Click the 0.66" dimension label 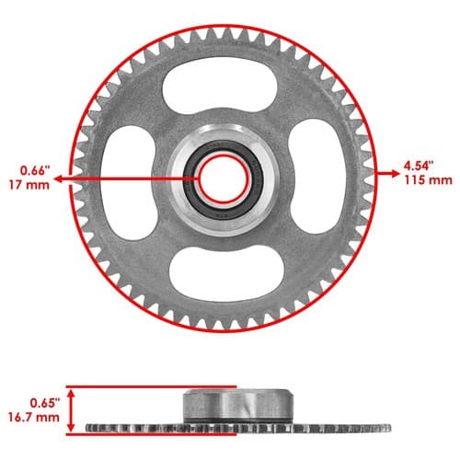point(35,170)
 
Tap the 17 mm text point(29,185)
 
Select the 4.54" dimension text point(419,166)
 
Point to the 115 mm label point(428,180)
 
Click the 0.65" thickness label point(44,403)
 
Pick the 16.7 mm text point(34,418)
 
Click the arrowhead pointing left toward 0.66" point(58,178)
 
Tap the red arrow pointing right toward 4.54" point(388,174)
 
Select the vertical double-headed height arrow point(71,410)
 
